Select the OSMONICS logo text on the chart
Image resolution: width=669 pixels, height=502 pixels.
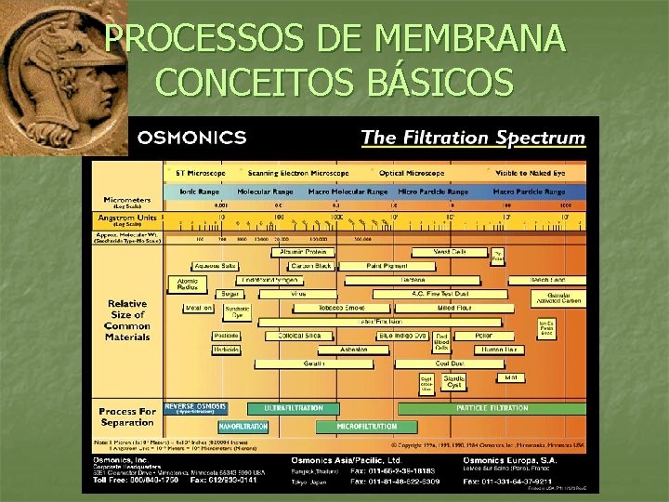point(191,138)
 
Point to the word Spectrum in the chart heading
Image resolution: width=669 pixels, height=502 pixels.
point(541,138)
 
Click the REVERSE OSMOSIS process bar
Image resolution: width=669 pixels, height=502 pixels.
point(195,408)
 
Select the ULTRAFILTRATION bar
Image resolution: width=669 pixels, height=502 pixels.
point(294,408)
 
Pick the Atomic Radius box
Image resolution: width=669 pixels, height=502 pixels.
point(188,284)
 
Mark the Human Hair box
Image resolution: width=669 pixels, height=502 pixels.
point(501,350)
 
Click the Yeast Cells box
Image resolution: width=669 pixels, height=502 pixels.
point(452,252)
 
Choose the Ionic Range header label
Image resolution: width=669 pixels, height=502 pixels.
point(190,192)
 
